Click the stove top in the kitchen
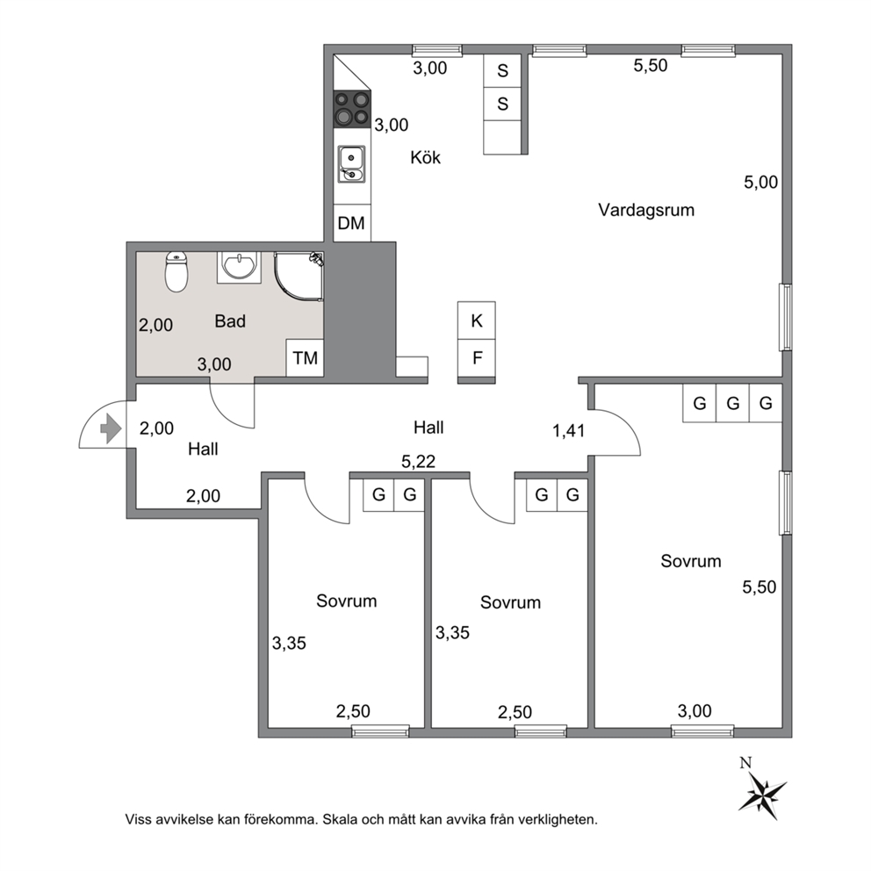coord(352,109)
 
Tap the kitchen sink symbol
coord(351,164)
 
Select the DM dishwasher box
coord(351,223)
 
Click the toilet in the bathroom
coord(176,271)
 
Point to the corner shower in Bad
coord(299,276)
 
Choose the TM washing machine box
coord(305,357)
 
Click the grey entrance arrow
coord(111,428)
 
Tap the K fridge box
coord(477,320)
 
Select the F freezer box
coord(477,357)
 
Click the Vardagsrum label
coord(646,210)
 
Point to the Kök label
coord(426,157)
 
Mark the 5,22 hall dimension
coord(418,461)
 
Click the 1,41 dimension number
coord(568,430)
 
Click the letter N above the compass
coord(745,763)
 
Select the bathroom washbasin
coord(239,267)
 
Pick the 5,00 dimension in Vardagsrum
coord(761,183)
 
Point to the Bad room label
coord(230,321)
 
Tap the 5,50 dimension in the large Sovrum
coord(759,587)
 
